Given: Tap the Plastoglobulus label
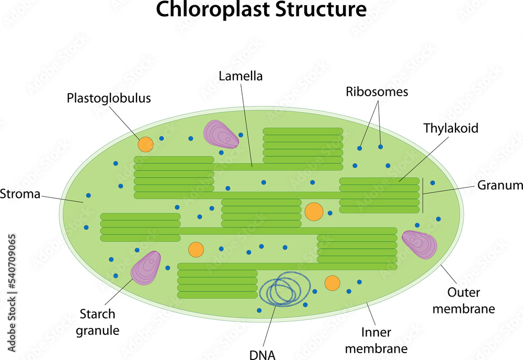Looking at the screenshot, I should coord(108,98).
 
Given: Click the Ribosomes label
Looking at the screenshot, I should coord(377,92).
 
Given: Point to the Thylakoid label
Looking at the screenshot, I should coord(451,128).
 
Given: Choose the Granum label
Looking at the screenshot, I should coord(500,185).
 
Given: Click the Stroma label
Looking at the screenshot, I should coord(20,194).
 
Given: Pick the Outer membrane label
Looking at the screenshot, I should coord(471,300).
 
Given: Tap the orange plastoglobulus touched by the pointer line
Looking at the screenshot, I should coord(145,144).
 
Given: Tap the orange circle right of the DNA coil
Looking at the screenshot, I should coord(332,283).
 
